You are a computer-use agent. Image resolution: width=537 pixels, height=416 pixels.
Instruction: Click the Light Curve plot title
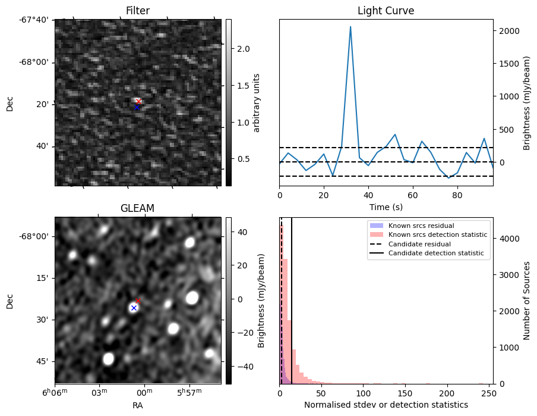point(386,11)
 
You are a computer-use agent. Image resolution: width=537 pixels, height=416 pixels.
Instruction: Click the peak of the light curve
point(350,27)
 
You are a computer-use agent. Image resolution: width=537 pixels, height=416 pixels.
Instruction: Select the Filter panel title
point(138,11)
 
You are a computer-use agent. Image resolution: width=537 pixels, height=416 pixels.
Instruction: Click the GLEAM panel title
point(138,208)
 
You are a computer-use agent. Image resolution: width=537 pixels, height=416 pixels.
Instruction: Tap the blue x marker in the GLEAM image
point(134,308)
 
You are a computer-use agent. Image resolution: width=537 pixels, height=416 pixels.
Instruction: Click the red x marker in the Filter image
point(139,101)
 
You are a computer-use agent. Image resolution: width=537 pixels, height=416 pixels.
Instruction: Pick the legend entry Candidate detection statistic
point(436,254)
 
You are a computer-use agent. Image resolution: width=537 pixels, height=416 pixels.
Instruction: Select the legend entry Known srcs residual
point(421,226)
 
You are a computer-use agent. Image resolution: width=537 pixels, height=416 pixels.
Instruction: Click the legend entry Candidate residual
point(419,244)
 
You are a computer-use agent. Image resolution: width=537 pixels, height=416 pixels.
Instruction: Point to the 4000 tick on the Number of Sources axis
point(509,239)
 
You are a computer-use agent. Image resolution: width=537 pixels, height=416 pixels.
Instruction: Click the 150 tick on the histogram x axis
point(406,393)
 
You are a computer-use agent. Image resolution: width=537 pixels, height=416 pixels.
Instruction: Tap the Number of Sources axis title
point(527,300)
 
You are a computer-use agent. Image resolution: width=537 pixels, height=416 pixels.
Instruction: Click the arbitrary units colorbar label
point(256,102)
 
